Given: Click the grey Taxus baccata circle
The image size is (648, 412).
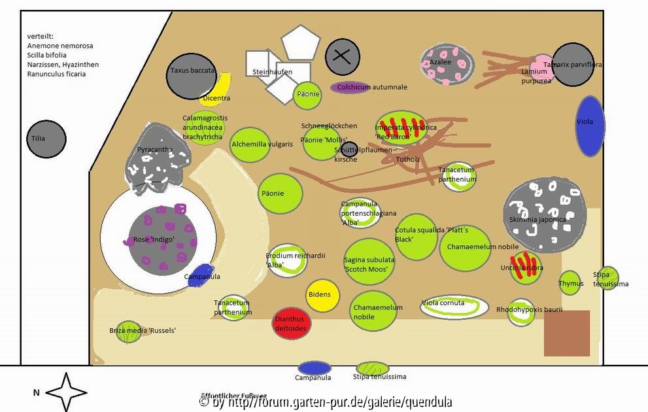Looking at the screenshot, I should (x=192, y=76).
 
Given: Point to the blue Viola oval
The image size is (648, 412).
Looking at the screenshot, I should (x=590, y=126).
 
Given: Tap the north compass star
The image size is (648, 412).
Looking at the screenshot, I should (x=65, y=392).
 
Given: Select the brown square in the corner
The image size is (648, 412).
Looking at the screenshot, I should (x=566, y=333).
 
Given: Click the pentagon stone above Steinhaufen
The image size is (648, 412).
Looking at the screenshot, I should (x=300, y=43).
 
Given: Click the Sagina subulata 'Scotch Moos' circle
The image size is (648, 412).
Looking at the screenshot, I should (x=369, y=262).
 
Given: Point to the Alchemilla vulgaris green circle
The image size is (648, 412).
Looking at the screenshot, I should (x=250, y=145).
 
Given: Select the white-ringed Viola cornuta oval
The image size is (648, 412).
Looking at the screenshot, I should (x=454, y=306).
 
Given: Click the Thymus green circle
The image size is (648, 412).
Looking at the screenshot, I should (x=570, y=283).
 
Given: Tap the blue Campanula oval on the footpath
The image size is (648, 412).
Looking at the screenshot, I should (x=315, y=368).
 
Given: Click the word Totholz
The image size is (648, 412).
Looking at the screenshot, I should (x=407, y=158).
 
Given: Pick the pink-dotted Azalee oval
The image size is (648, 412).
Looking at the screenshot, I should (x=446, y=65).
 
